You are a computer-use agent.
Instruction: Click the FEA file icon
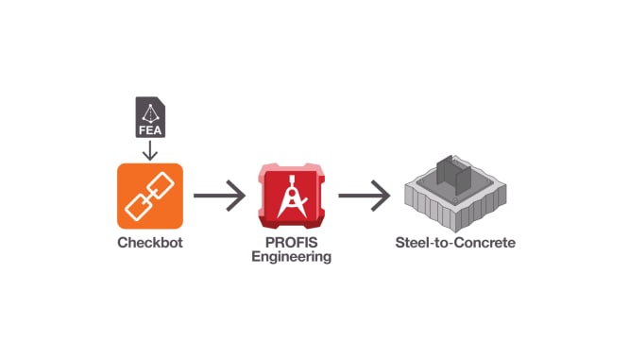(x=150, y=117)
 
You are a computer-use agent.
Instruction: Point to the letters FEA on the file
(x=150, y=128)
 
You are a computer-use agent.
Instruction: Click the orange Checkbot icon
(x=148, y=196)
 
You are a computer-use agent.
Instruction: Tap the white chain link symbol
(x=148, y=196)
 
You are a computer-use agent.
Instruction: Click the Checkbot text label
(x=148, y=242)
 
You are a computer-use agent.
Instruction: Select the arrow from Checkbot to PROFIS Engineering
(x=219, y=197)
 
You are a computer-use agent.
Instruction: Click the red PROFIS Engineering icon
(x=292, y=197)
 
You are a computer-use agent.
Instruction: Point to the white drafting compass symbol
(x=292, y=198)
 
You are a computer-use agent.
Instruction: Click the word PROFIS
(x=291, y=244)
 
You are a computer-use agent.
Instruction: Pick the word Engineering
(x=291, y=257)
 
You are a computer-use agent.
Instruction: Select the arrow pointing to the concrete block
(x=364, y=197)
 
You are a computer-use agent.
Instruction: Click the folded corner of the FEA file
(x=160, y=100)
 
